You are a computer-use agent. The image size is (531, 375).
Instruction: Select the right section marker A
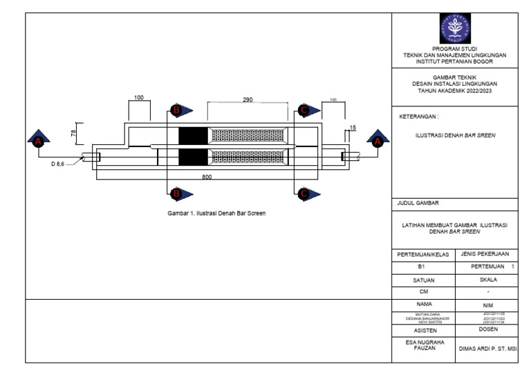pos(377,140)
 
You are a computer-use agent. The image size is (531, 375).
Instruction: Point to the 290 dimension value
pos(248,100)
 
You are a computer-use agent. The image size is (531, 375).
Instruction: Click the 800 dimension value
pos(207,177)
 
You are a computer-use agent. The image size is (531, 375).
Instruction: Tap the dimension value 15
pos(352,128)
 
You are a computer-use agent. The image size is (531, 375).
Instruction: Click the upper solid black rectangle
pos(193,136)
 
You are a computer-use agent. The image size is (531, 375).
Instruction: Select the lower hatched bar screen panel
pos(248,156)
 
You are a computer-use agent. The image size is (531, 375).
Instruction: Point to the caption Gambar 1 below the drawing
pos(216,213)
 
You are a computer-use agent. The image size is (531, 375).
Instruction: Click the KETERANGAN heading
pos(420,117)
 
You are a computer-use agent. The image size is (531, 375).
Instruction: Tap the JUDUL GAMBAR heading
pos(420,203)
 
